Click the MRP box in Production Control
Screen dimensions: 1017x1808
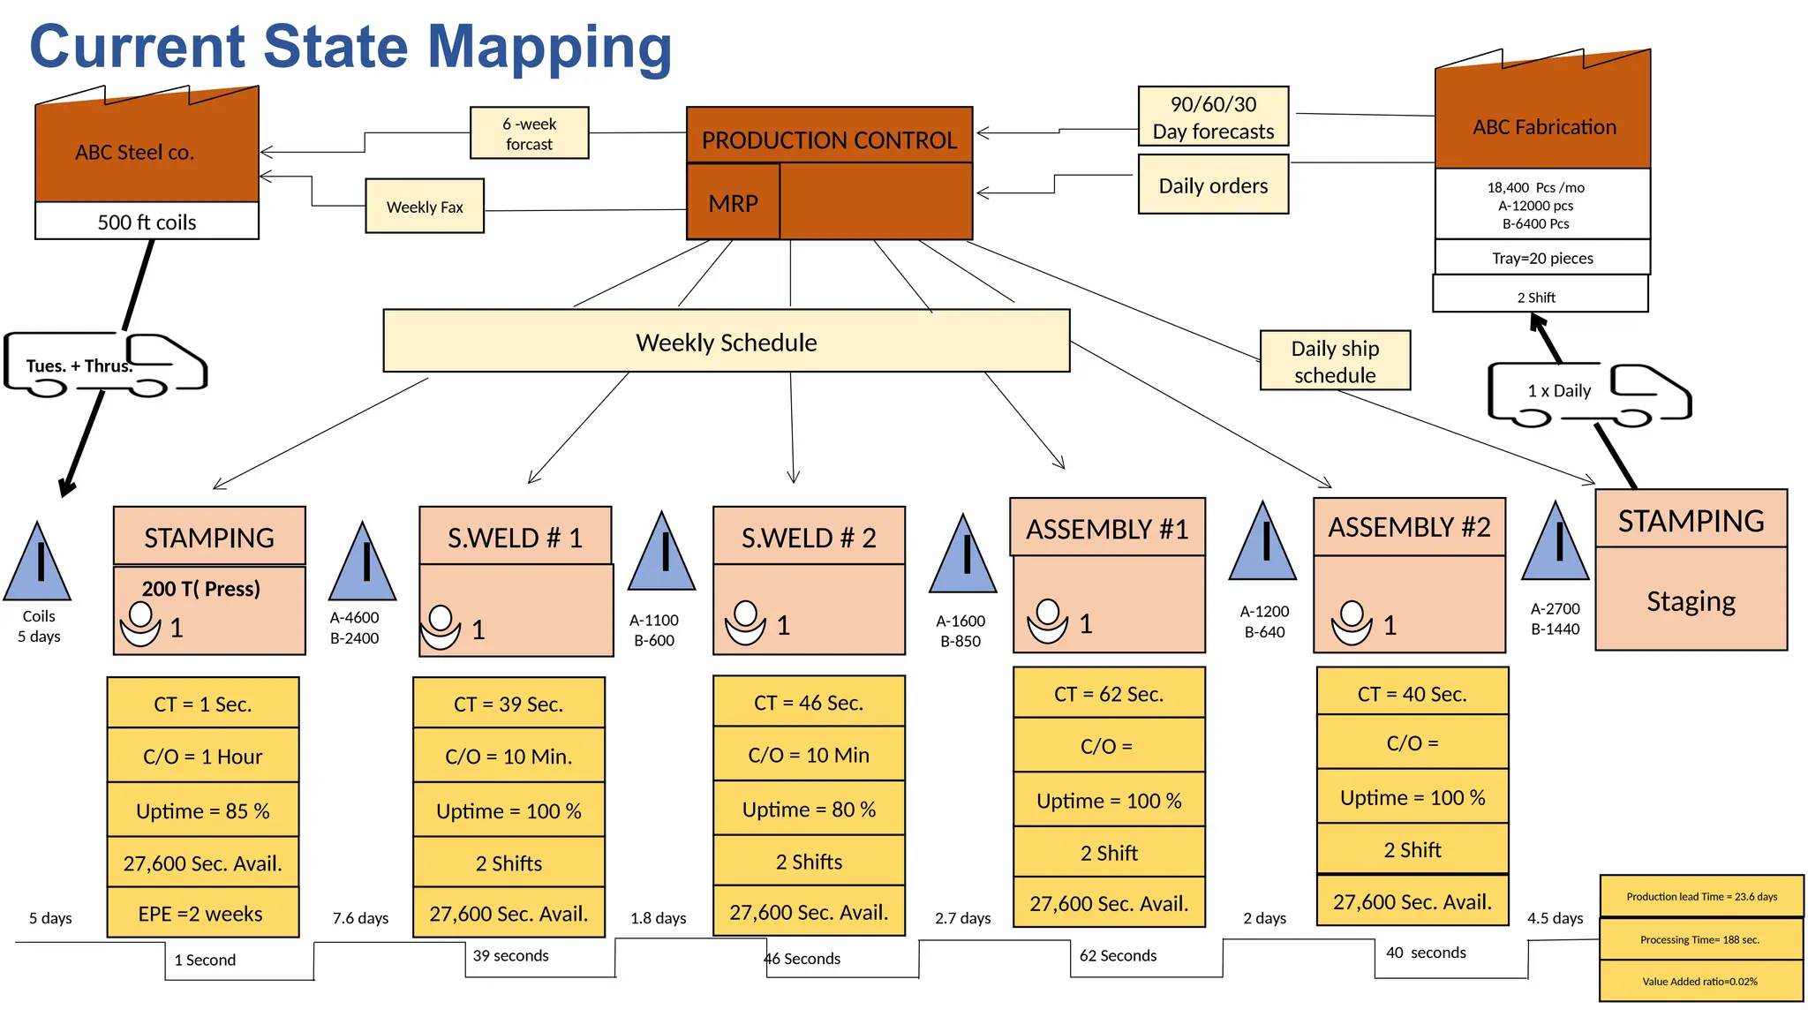733,202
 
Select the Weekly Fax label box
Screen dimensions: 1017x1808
425,207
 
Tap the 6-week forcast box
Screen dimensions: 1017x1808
529,133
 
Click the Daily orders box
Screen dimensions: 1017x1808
1213,185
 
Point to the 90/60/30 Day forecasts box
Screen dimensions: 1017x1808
1213,117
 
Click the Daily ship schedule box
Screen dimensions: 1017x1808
1335,360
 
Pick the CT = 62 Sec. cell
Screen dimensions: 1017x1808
1109,694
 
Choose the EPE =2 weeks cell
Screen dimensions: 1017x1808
202,913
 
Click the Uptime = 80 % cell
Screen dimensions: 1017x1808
809,809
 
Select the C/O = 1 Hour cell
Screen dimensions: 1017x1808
202,756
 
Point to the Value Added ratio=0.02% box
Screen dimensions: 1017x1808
1699,981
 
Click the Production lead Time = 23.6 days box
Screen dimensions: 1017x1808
1701,896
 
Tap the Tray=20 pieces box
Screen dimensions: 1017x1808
1542,258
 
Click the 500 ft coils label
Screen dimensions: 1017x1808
147,222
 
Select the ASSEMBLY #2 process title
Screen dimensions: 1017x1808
1409,527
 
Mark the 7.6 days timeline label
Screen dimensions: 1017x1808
360,918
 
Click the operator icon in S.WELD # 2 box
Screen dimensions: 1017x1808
745,622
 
